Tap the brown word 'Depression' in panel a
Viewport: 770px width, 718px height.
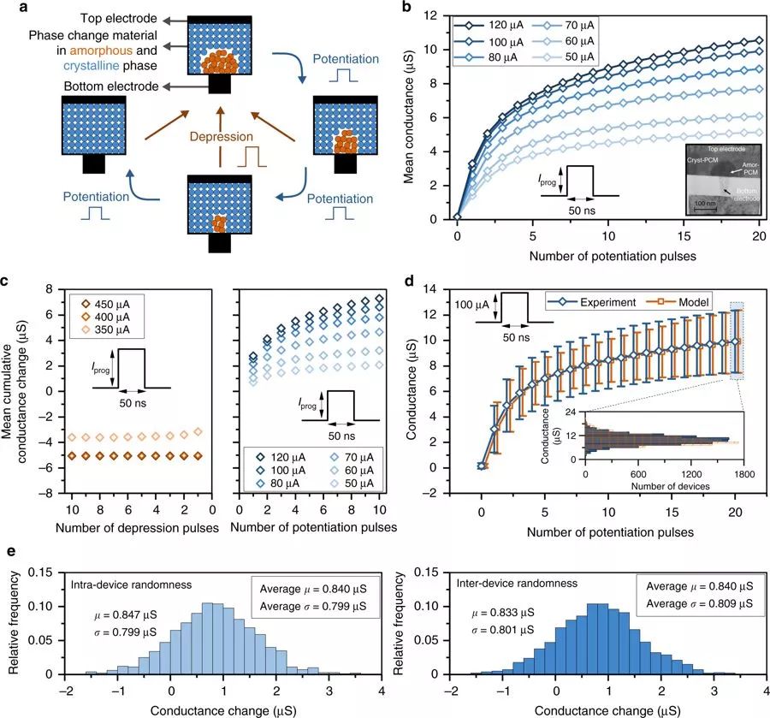pyautogui.click(x=222, y=136)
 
